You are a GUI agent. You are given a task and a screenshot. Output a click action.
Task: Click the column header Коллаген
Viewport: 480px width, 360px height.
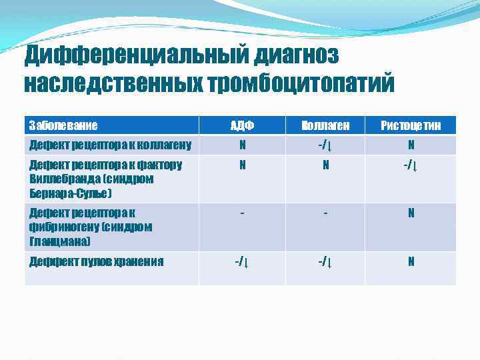(x=325, y=125)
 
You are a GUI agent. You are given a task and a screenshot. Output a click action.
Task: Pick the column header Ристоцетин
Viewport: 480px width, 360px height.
(x=411, y=125)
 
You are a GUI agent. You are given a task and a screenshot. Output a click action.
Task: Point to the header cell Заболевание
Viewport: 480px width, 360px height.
(x=63, y=125)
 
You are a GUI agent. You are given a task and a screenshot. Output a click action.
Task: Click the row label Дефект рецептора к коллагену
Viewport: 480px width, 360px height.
(x=110, y=145)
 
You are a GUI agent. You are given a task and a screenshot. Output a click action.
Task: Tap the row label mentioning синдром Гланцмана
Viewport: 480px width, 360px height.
(x=91, y=227)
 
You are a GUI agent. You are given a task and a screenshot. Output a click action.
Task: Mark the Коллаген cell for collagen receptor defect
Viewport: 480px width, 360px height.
(x=325, y=145)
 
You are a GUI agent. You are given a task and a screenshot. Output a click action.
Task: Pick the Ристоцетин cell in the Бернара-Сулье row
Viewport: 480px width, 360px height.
(x=411, y=165)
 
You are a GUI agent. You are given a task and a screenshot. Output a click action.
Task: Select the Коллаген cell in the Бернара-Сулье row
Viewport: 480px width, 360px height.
(x=325, y=165)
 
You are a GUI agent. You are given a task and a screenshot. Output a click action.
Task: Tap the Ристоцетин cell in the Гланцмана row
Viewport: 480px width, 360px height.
(x=411, y=213)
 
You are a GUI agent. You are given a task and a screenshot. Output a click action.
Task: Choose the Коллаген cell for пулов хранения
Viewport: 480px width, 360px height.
(x=325, y=261)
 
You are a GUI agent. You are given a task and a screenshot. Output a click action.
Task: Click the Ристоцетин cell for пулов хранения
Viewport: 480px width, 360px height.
(x=411, y=261)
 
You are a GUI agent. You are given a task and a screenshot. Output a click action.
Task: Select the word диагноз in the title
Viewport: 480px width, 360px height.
(x=295, y=57)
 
